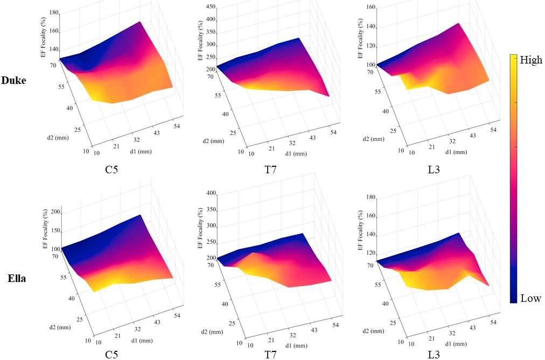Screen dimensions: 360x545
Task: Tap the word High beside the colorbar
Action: pyautogui.click(x=531, y=60)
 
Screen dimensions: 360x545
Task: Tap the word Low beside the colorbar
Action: pyautogui.click(x=530, y=298)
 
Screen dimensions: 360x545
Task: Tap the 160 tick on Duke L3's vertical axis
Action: pyautogui.click(x=371, y=8)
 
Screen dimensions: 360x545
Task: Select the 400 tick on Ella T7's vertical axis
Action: pyautogui.click(x=210, y=193)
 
